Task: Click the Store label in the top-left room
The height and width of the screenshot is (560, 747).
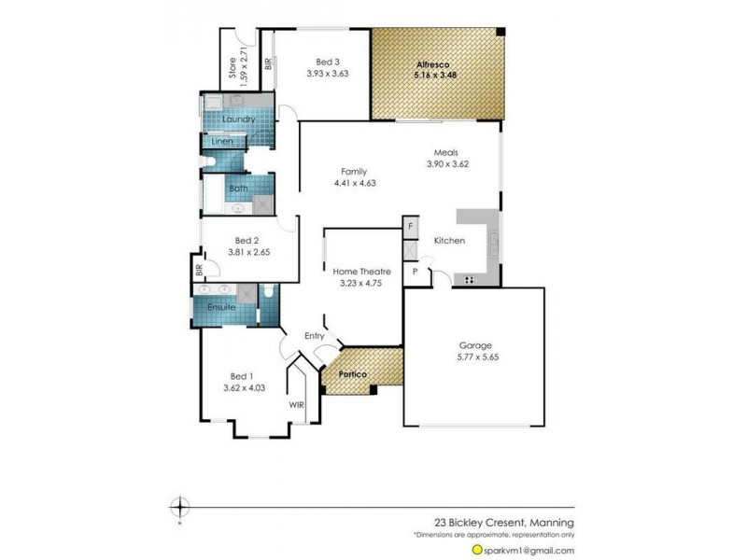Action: coord(233,68)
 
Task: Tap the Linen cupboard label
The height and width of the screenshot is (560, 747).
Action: coord(221,142)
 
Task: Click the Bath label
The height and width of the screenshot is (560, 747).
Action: coord(238,188)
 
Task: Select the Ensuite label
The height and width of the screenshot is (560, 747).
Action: coord(221,306)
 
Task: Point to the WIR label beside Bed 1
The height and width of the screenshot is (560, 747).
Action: coord(296,405)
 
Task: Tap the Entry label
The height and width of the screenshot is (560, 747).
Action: coord(315,336)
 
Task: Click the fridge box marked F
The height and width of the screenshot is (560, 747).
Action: coord(410,227)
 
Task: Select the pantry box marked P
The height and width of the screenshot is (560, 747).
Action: coord(415,272)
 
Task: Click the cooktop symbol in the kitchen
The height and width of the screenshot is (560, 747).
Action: coord(469,280)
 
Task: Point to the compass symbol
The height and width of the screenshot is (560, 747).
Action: coord(178,508)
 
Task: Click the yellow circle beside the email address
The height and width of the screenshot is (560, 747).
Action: coord(477,551)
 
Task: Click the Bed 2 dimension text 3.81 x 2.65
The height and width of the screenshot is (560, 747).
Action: coord(249,251)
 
